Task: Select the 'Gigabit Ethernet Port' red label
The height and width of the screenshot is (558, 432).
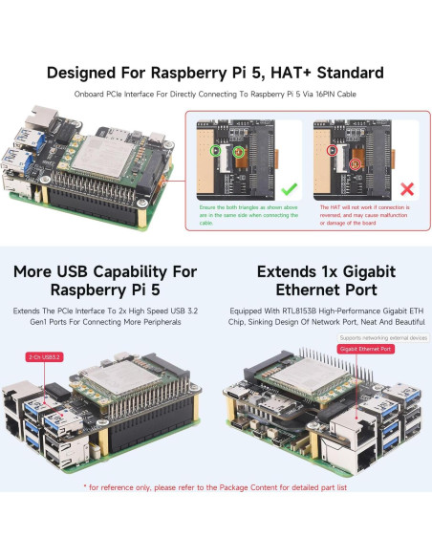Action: click(x=366, y=350)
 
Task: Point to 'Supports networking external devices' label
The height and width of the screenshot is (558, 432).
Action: click(x=382, y=337)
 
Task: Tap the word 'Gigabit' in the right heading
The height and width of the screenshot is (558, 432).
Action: click(x=361, y=270)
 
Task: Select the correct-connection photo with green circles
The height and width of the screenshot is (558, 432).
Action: click(x=248, y=158)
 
